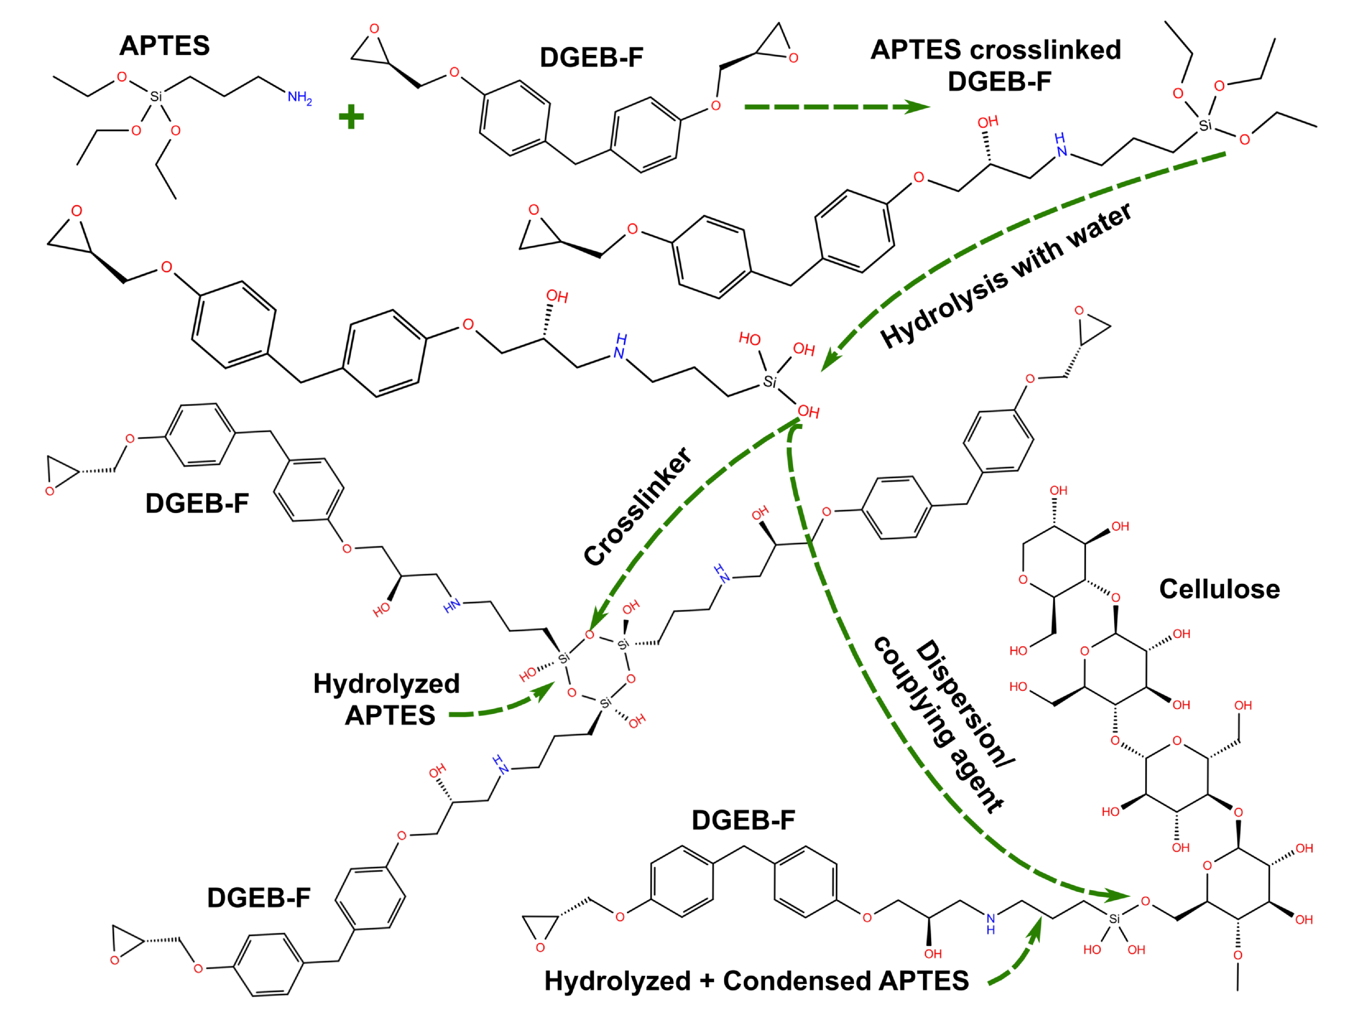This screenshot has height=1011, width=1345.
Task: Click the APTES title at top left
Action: point(164,46)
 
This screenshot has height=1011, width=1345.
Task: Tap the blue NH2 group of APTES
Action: point(299,97)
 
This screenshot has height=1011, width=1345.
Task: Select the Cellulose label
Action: point(1219,589)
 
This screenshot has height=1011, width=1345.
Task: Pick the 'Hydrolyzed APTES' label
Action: point(387,700)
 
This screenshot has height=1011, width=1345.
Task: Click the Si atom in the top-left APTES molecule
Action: point(156,97)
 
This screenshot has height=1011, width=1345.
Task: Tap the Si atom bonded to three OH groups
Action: point(770,382)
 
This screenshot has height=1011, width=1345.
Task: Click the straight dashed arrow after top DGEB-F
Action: point(836,107)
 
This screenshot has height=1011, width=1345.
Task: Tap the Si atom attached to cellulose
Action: point(1114,919)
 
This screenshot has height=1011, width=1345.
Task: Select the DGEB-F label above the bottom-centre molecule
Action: point(743,820)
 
